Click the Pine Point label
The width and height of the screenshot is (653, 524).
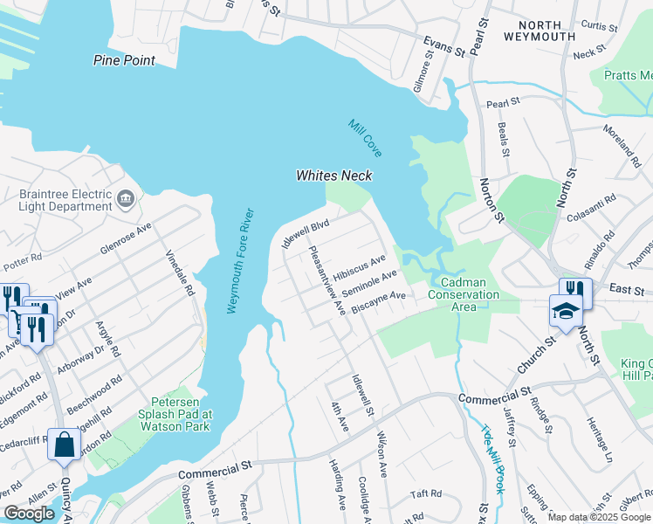tap(125, 60)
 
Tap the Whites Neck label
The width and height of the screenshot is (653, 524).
tap(333, 176)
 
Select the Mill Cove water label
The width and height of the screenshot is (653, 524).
tap(366, 138)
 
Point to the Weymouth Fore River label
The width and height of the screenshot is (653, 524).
tap(240, 261)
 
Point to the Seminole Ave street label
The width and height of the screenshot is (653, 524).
tap(369, 281)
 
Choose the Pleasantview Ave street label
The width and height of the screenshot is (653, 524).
tap(327, 279)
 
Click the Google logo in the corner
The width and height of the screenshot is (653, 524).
tap(29, 514)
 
